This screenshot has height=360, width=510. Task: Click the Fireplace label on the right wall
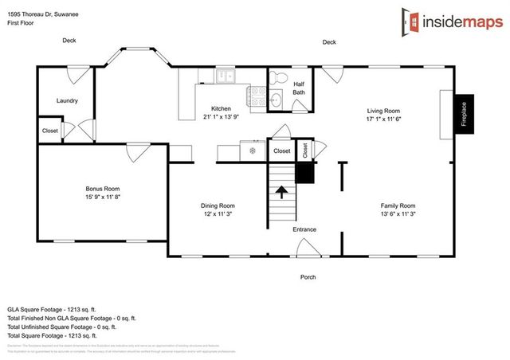tap(463, 111)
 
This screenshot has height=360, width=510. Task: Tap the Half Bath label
tap(299, 88)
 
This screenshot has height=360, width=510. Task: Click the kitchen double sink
tap(225, 76)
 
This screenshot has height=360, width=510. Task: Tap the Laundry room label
tap(67, 101)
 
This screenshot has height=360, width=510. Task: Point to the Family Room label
tap(397, 205)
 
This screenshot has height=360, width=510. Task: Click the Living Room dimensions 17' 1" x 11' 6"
tap(382, 120)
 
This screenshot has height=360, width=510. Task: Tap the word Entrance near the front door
tap(304, 229)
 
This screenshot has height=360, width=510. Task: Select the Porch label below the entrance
tap(308, 277)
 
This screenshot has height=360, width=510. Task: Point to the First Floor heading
tap(24, 24)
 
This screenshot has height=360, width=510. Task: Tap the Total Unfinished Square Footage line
tap(62, 327)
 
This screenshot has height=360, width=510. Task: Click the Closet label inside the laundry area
tap(50, 131)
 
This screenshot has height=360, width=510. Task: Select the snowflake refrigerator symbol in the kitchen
tap(253, 150)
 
